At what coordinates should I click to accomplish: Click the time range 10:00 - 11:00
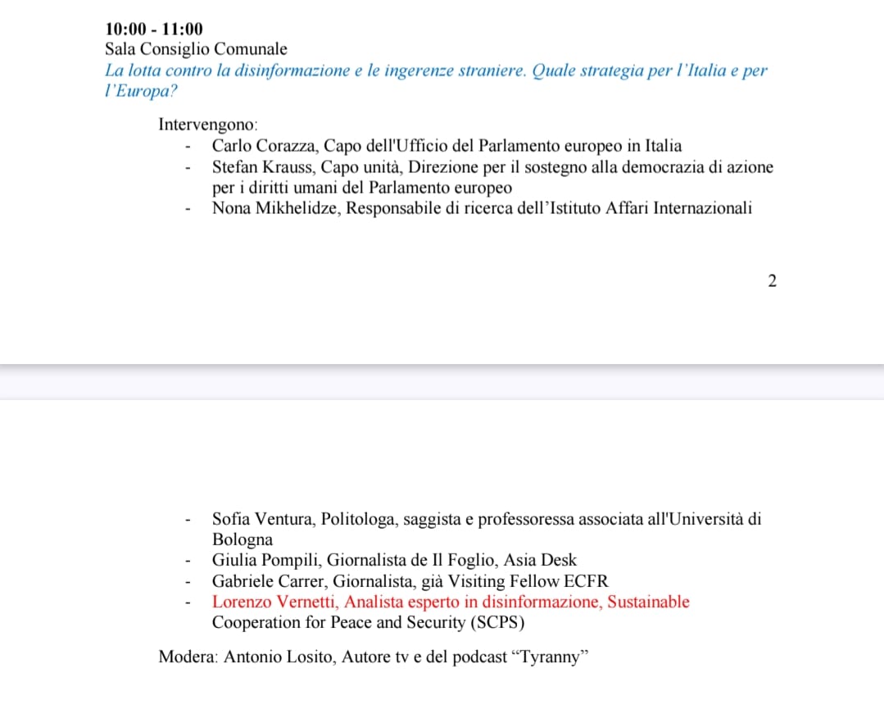(x=154, y=30)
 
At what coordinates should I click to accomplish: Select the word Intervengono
(x=208, y=125)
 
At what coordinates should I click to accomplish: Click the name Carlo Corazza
(x=262, y=147)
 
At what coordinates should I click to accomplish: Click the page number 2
(x=772, y=281)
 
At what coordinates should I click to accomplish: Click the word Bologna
(x=243, y=540)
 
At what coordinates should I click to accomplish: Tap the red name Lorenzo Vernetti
(x=274, y=602)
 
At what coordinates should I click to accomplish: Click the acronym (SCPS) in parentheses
(x=496, y=622)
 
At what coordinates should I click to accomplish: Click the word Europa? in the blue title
(x=142, y=91)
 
